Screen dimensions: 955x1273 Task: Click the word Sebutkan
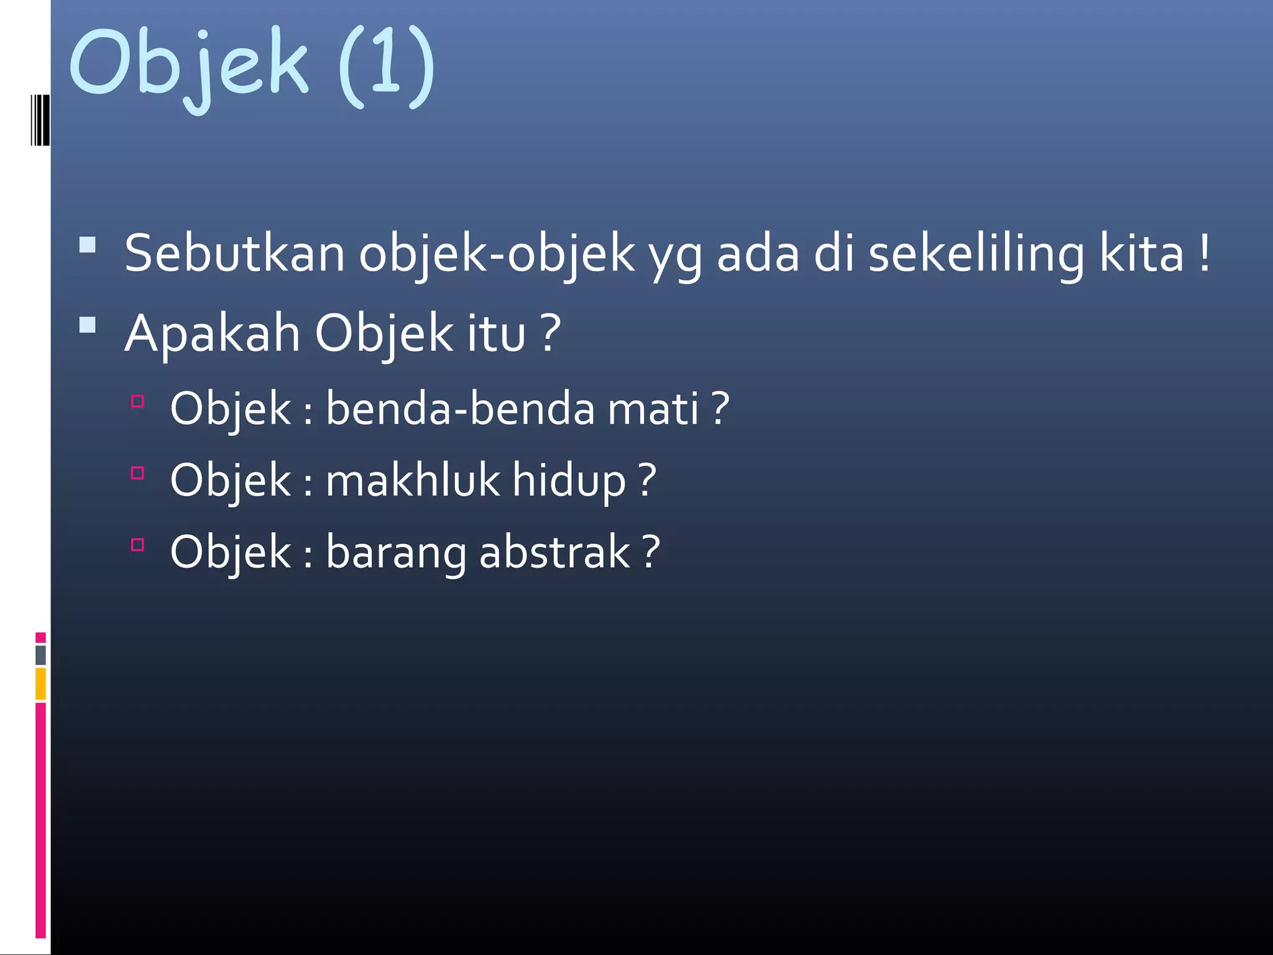pos(234,253)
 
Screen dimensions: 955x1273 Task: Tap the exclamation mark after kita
pos(1205,253)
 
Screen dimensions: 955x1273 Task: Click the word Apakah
pos(213,334)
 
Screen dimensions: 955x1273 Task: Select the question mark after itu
pos(550,334)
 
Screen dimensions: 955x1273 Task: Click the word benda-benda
pos(460,409)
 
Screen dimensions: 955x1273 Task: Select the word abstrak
pos(554,552)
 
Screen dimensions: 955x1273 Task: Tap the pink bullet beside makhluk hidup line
pos(138,473)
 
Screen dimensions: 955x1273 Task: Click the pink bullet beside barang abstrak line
pos(138,545)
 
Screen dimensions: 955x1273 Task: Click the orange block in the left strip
pos(40,683)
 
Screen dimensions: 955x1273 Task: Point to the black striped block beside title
pos(40,120)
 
